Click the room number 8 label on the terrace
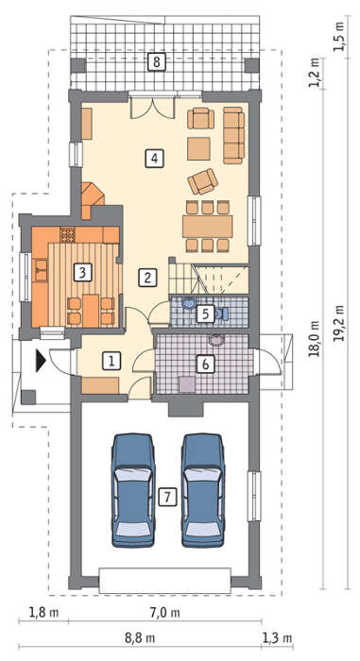pyautogui.click(x=157, y=62)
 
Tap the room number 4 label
pyautogui.click(x=154, y=159)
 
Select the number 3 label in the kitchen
pyautogui.click(x=82, y=272)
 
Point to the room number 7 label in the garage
pyautogui.click(x=167, y=498)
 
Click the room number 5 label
pyautogui.click(x=205, y=314)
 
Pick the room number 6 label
pyautogui.click(x=206, y=364)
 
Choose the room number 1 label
pyautogui.click(x=111, y=362)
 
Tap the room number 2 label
pyautogui.click(x=147, y=277)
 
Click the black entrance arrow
pyautogui.click(x=41, y=361)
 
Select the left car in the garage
pyautogui.click(x=133, y=490)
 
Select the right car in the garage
pyautogui.click(x=203, y=490)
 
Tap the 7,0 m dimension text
pyautogui.click(x=165, y=612)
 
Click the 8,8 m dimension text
pyautogui.click(x=140, y=637)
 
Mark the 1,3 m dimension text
pyautogui.click(x=277, y=637)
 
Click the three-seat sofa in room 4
pyautogui.click(x=233, y=135)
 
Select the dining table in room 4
pyautogui.click(x=208, y=227)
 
